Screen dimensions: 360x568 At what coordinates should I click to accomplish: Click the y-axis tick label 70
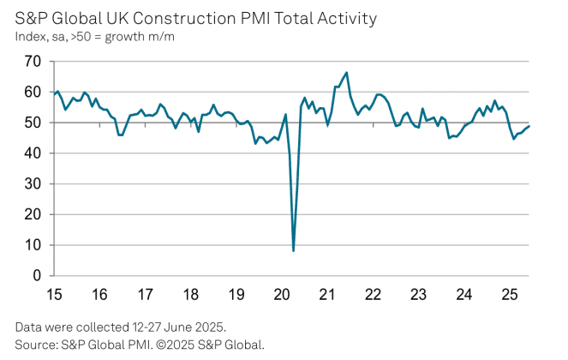pyautogui.click(x=33, y=61)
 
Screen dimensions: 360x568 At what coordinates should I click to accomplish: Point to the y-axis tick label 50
pyautogui.click(x=33, y=123)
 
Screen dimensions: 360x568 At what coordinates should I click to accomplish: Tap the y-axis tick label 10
pyautogui.click(x=33, y=245)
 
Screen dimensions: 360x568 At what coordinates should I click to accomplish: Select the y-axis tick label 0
pyautogui.click(x=37, y=276)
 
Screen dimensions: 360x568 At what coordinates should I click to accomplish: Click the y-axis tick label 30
pyautogui.click(x=33, y=183)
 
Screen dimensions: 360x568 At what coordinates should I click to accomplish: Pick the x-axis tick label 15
pyautogui.click(x=54, y=294)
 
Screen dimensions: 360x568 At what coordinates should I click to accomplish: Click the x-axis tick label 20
pyautogui.click(x=282, y=294)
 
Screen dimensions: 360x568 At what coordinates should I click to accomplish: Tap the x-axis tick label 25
pyautogui.click(x=509, y=294)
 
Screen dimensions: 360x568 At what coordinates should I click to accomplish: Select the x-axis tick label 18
pyautogui.click(x=190, y=294)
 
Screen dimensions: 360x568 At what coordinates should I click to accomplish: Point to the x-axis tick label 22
pyautogui.click(x=373, y=294)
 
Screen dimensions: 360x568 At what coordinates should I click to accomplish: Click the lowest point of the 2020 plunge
pyautogui.click(x=294, y=250)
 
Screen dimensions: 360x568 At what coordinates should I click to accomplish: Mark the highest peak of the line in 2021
pyautogui.click(x=347, y=72)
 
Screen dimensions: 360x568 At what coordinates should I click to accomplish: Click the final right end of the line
pyautogui.click(x=529, y=126)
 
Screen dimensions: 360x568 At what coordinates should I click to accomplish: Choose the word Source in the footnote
pyautogui.click(x=34, y=345)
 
